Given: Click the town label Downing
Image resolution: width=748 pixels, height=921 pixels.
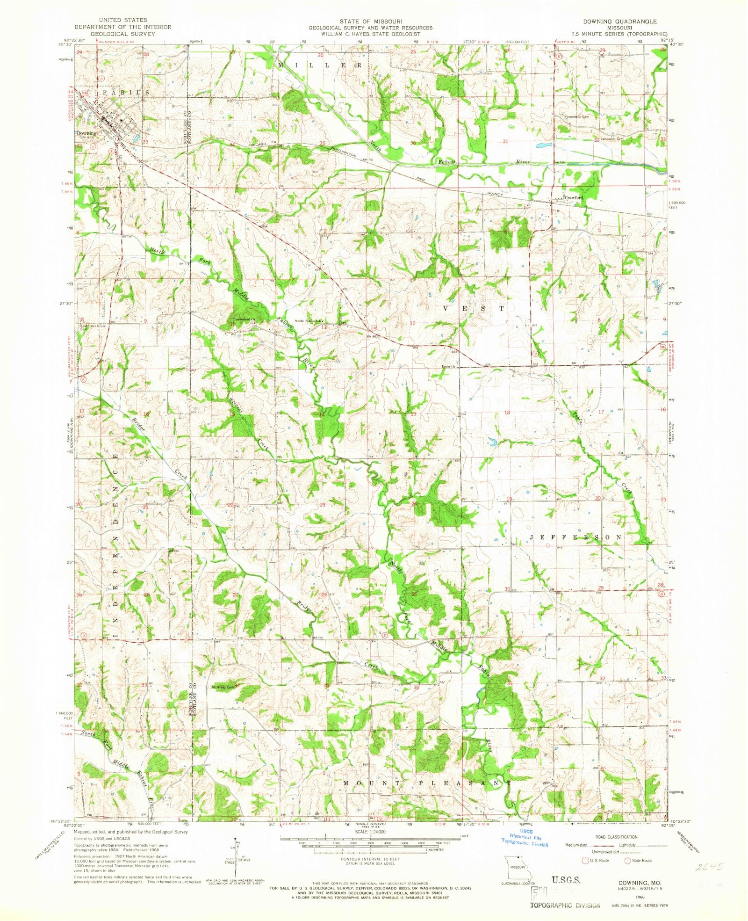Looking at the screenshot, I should (x=87, y=133).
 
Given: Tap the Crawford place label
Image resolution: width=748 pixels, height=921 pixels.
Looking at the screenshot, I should (x=574, y=197).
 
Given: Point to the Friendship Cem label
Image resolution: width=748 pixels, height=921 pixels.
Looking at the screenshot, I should (x=576, y=117).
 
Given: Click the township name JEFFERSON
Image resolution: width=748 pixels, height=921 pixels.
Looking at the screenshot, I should (x=576, y=537).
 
